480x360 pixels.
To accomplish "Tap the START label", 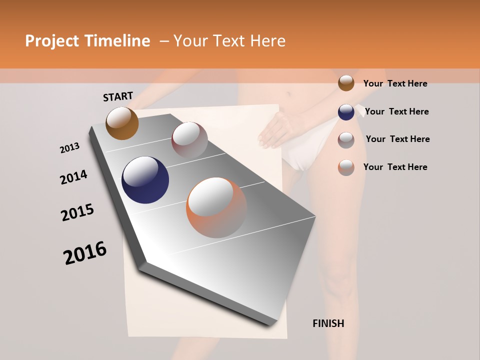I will [118, 96].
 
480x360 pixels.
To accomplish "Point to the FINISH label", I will [328, 323].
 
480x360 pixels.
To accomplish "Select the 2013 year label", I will [69, 148].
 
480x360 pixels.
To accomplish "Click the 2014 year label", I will [73, 177].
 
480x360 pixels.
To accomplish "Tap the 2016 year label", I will [85, 252].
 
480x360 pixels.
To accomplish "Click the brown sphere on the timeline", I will [122, 123].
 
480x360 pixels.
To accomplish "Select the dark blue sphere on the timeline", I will [145, 180].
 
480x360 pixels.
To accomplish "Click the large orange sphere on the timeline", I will [216, 207].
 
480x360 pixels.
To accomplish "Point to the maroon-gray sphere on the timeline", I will [189, 139].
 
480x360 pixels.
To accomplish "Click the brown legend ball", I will [346, 83].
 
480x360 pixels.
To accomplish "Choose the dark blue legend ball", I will [346, 111].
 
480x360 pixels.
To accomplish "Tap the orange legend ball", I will [346, 167].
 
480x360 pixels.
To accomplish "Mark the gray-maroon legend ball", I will [346, 139].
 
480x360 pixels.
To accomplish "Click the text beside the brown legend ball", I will [395, 83].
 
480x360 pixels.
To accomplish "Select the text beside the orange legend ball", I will [395, 167].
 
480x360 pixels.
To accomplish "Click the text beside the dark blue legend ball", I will [396, 111].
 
